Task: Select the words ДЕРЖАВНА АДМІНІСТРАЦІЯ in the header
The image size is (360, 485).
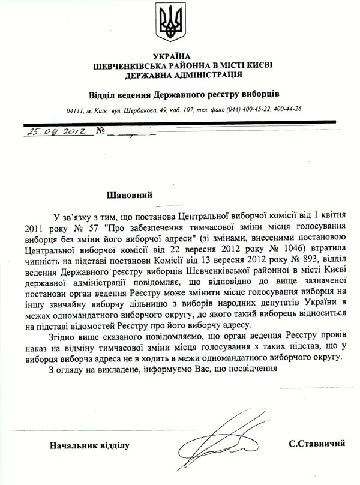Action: pos(184,75)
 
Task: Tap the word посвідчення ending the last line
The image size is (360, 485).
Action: pos(253,369)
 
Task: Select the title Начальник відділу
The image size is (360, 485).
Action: pos(89,445)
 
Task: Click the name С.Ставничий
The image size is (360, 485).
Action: pos(316,444)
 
